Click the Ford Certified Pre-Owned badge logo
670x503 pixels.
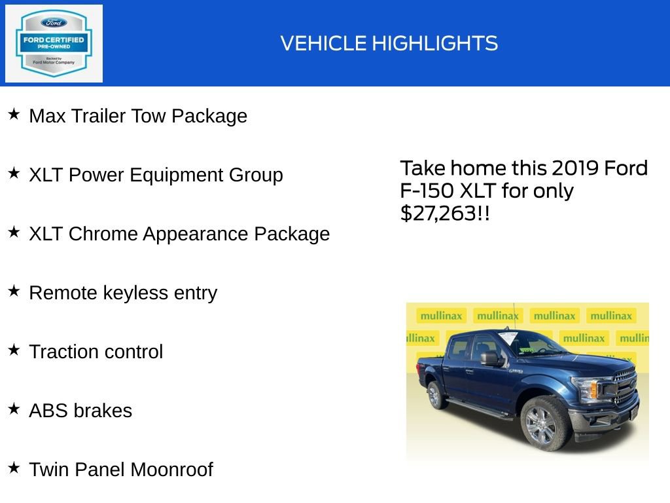[x=54, y=44]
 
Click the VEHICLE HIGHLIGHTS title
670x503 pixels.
[x=389, y=44]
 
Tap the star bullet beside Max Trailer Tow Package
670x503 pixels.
[x=14, y=115]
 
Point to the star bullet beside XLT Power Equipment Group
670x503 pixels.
[x=14, y=174]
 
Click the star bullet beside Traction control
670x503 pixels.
[x=14, y=350]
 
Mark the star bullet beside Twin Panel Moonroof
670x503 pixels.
[x=14, y=468]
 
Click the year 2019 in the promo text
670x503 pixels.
[x=574, y=168]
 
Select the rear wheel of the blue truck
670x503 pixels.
[x=434, y=395]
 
